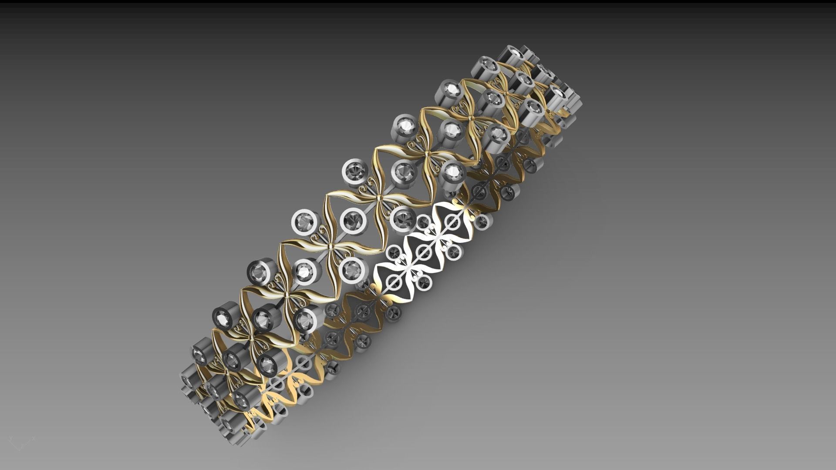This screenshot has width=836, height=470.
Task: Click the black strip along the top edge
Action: pyautogui.click(x=418, y=4)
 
